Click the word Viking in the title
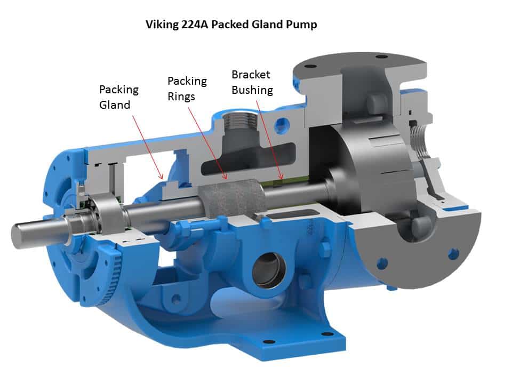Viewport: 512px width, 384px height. (161, 25)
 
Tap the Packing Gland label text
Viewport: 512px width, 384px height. (119, 97)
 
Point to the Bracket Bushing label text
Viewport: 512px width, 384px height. (252, 82)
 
